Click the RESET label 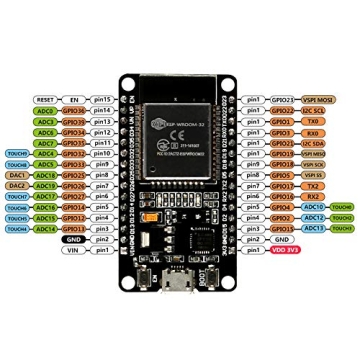click(x=44, y=100)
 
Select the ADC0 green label click(x=44, y=111)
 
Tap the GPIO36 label click(x=73, y=111)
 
